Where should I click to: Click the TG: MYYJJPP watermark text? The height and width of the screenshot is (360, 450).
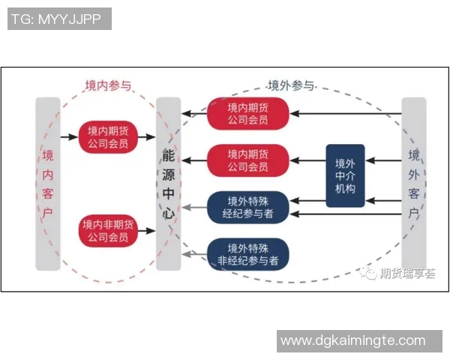tap(58, 19)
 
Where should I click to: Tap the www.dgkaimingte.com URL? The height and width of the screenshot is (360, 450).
tap(352, 341)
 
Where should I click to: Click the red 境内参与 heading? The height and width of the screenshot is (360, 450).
tap(108, 85)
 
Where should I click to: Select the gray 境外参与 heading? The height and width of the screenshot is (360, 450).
tap(290, 85)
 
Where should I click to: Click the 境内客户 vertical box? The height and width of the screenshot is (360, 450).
tap(48, 184)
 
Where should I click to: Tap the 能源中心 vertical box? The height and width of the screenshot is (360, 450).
tap(168, 184)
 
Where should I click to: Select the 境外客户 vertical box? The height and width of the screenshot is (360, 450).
tap(414, 184)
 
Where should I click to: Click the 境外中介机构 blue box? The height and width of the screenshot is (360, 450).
tap(346, 175)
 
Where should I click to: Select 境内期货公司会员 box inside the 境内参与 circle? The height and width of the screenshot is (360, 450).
tap(108, 136)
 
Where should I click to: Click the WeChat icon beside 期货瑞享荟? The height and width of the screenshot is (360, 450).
tap(370, 274)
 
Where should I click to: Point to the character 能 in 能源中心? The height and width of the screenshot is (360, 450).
tap(168, 156)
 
